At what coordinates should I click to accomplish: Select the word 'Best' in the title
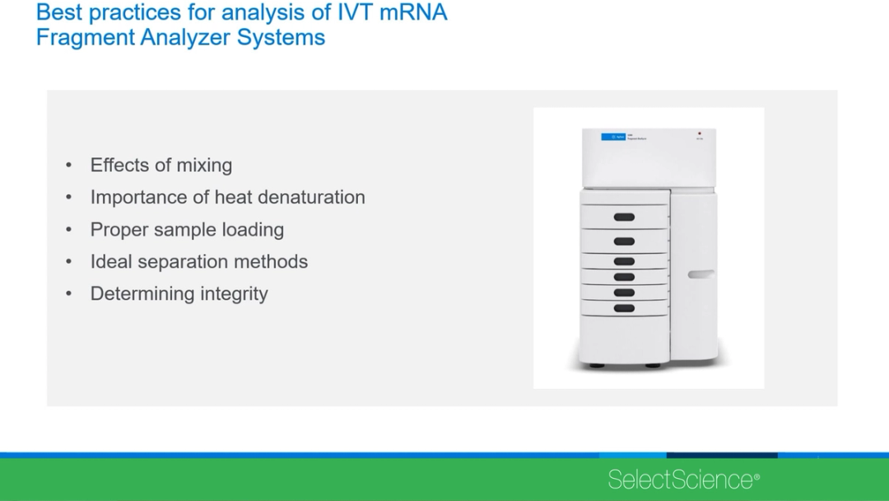(59, 13)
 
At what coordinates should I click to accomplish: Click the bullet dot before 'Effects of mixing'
(69, 166)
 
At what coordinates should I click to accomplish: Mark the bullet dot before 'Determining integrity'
(69, 294)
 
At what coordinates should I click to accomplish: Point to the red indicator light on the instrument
(699, 133)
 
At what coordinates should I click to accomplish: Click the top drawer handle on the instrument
(624, 217)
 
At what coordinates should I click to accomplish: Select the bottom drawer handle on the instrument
(624, 308)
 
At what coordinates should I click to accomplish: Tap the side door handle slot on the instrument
(701, 274)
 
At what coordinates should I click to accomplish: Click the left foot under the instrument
(597, 365)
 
